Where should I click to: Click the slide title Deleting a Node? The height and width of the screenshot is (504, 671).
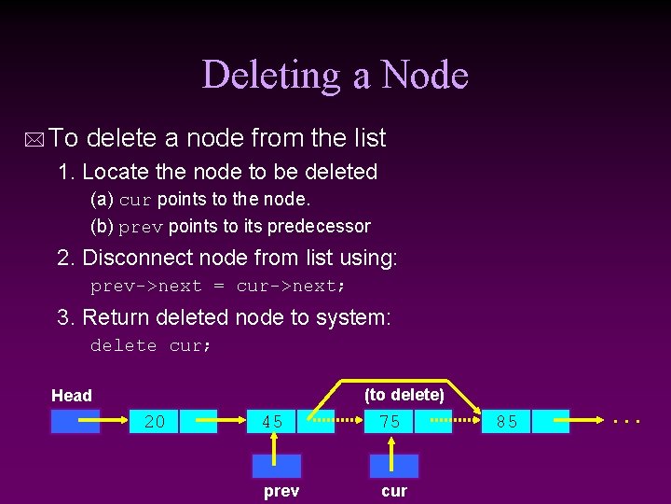(x=335, y=75)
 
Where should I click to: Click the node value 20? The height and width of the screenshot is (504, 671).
(x=155, y=422)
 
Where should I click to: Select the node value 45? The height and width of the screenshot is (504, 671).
(x=272, y=422)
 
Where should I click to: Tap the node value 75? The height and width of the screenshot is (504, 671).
(x=390, y=422)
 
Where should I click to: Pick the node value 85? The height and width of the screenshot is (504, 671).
(x=507, y=422)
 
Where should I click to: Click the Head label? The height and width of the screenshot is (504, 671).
(x=72, y=396)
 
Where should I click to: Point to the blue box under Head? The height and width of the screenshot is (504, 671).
(x=75, y=422)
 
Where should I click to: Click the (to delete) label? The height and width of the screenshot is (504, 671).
(x=404, y=395)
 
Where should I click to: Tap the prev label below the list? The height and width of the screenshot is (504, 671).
(x=281, y=491)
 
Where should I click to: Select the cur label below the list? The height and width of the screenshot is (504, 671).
(x=394, y=491)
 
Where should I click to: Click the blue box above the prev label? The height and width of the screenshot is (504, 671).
(x=277, y=466)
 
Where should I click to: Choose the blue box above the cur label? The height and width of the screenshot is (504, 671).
(x=394, y=466)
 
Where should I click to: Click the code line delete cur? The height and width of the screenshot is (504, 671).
(x=151, y=346)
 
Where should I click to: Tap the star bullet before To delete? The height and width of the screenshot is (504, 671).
(x=34, y=140)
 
